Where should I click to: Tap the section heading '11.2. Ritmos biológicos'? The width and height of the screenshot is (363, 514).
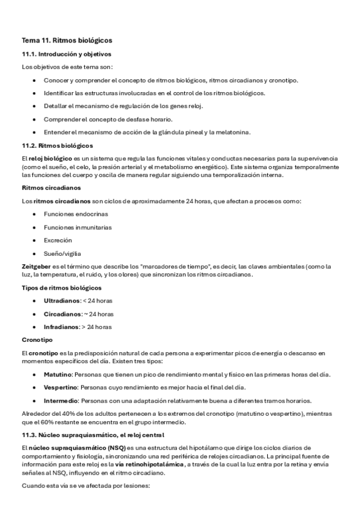57,146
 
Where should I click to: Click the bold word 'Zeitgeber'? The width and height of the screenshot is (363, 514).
35,266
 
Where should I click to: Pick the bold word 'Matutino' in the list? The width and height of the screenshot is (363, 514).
58,375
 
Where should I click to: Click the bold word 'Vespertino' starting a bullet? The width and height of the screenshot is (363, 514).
61,388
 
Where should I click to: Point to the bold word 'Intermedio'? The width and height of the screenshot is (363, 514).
61,401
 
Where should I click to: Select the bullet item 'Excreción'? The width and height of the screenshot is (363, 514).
58,240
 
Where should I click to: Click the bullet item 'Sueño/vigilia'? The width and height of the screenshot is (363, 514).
62,253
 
